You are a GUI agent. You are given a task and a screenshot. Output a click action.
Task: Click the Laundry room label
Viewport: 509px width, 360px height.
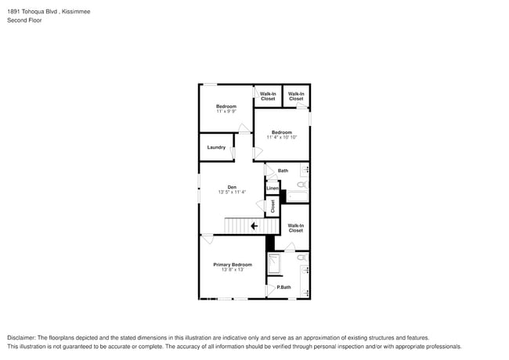pyautogui.click(x=216, y=147)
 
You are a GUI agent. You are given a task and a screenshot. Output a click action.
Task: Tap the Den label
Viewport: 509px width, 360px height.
pyautogui.click(x=232, y=187)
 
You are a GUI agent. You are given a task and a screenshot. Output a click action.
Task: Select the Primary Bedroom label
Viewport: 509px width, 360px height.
pyautogui.click(x=233, y=265)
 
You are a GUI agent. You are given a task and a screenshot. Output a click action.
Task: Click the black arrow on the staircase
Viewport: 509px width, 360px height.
pyautogui.click(x=254, y=226)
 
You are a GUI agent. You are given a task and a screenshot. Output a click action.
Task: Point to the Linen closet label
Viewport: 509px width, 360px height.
pyautogui.click(x=273, y=188)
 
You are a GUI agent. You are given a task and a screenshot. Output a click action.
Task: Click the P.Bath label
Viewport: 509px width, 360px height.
pyautogui.click(x=283, y=287)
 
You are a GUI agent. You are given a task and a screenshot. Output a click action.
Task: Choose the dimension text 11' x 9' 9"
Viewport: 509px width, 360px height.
pyautogui.click(x=226, y=111)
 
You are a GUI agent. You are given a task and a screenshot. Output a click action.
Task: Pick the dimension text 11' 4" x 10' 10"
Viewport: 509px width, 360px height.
pyautogui.click(x=282, y=137)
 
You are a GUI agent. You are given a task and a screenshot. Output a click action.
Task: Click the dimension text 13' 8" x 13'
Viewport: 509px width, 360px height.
pyautogui.click(x=233, y=269)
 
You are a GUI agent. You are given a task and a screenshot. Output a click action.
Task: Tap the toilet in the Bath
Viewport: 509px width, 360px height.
pyautogui.click(x=302, y=185)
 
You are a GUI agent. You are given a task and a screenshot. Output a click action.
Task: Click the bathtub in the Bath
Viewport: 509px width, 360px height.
pyautogui.click(x=297, y=196)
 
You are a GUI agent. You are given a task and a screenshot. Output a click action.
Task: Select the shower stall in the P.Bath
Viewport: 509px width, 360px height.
pyautogui.click(x=274, y=264)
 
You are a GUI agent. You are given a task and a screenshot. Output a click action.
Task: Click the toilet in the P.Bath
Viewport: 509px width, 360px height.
pyautogui.click(x=302, y=257)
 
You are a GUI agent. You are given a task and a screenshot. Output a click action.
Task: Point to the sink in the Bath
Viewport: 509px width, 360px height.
pyautogui.click(x=305, y=169)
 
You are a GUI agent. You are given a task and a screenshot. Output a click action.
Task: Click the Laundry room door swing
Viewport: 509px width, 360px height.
pyautogui.click(x=232, y=153)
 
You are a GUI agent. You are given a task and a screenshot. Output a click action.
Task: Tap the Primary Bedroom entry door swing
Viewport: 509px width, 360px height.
pyautogui.click(x=207, y=239)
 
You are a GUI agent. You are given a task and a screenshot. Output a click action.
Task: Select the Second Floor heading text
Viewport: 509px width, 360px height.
pyautogui.click(x=24, y=20)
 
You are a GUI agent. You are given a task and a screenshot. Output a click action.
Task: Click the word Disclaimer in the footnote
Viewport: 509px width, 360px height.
pyautogui.click(x=21, y=337)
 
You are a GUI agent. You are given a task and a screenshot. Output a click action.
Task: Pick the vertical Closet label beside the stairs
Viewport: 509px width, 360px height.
pyautogui.click(x=273, y=207)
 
